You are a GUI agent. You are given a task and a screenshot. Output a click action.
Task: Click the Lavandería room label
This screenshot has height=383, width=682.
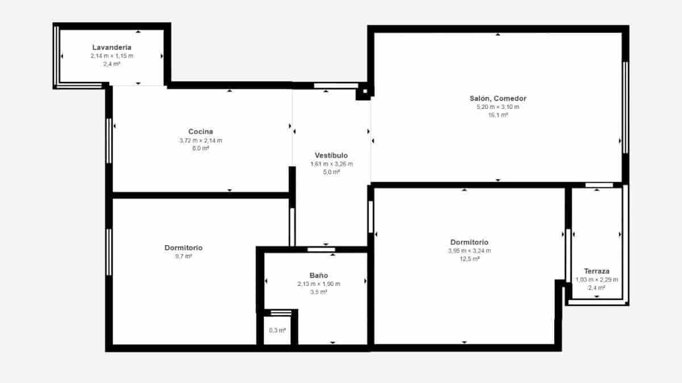click(112, 48)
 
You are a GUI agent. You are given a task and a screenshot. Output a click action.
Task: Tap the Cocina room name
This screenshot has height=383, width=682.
click(201, 132)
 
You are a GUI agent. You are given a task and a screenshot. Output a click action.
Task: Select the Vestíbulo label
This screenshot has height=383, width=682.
click(331, 155)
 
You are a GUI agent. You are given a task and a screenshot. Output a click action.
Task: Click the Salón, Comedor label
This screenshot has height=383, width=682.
click(498, 98)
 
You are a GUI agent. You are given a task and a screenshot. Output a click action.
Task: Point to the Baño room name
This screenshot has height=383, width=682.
click(318, 275)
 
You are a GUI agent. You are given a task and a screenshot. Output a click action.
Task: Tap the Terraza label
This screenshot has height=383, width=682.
click(597, 271)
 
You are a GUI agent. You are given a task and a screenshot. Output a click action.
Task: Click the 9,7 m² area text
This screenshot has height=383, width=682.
click(184, 256)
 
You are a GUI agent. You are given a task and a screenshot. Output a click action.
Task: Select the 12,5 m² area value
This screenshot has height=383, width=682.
click(469, 259)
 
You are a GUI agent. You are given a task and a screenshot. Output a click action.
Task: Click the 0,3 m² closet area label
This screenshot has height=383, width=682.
click(277, 330)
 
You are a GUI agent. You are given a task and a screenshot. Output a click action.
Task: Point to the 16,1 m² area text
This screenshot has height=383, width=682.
click(498, 115)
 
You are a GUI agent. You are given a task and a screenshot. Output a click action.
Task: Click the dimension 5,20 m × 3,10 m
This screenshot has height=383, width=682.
click(498, 107)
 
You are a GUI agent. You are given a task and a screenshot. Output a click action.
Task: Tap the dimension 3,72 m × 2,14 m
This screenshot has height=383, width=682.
click(201, 140)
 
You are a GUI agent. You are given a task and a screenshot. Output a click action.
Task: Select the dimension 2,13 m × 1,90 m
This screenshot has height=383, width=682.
click(318, 284)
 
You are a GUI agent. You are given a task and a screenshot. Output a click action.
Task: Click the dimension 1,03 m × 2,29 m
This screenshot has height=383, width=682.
click(597, 279)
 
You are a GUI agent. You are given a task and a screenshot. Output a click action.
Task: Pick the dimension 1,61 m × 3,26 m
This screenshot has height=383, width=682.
click(331, 164)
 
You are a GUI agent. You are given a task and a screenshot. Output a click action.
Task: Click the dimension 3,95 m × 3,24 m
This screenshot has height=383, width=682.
click(469, 251)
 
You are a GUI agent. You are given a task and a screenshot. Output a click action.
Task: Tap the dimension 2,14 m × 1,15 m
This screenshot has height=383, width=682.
click(112, 56)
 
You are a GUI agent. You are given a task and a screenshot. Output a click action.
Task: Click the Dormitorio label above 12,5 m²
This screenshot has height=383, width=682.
click(469, 242)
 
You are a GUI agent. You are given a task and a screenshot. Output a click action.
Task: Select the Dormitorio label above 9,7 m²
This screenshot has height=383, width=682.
click(184, 248)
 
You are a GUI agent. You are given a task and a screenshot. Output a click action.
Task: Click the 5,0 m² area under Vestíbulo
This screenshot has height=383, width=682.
click(331, 172)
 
